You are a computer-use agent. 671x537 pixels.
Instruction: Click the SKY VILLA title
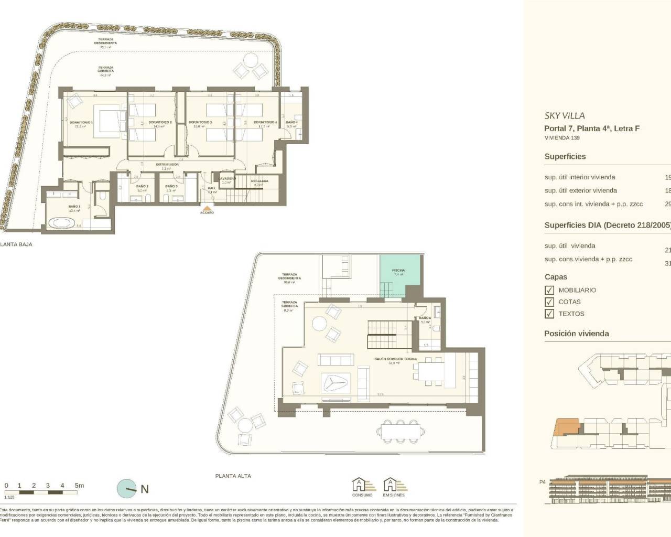tap(564, 116)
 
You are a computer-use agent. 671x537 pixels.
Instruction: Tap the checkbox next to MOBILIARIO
tap(549, 290)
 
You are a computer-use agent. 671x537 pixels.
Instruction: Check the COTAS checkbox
tap(549, 302)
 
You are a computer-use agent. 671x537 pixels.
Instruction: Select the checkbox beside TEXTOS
tap(549, 314)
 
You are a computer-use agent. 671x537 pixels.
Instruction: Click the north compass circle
tap(126, 489)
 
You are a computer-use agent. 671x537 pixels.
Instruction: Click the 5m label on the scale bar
tap(79, 486)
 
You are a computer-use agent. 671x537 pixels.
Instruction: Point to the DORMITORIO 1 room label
tap(81, 122)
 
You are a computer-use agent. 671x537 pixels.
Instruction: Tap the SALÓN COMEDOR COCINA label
tap(395, 359)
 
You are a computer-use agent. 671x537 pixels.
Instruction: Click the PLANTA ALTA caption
tap(233, 476)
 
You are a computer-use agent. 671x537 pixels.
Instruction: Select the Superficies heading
tap(565, 157)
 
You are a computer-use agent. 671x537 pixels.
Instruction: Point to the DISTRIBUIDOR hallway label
tap(167, 164)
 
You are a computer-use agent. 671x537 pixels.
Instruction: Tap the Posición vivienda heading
tap(576, 334)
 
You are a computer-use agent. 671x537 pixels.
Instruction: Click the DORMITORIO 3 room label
tap(200, 122)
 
